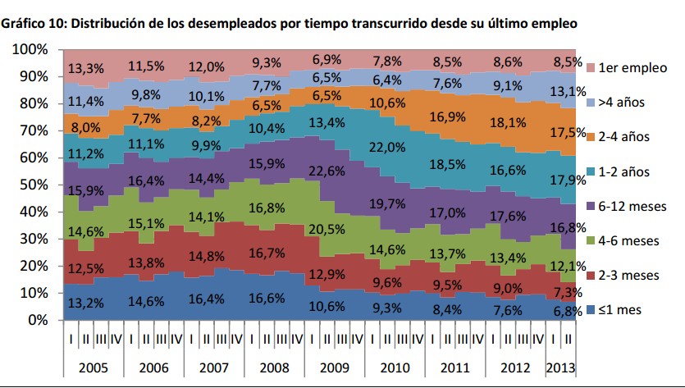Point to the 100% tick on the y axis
click(x=30, y=50)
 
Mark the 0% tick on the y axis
click(x=38, y=320)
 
